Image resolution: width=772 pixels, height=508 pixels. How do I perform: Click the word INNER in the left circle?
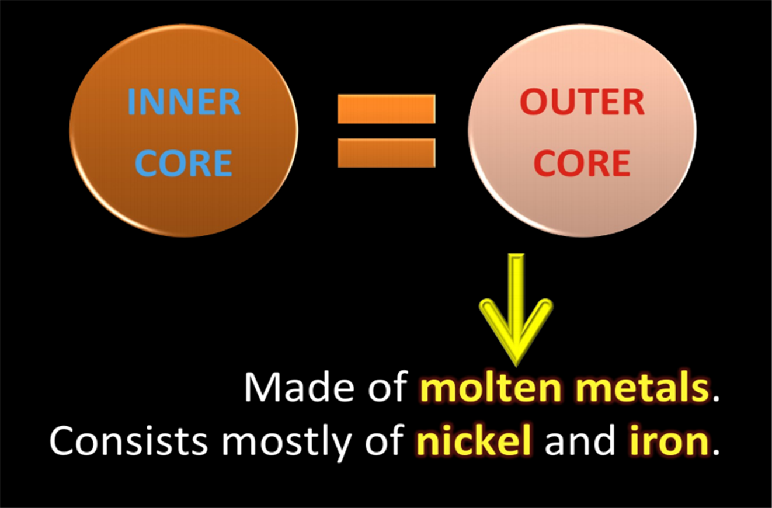(x=183, y=102)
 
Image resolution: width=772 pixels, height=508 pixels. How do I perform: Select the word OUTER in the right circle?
(x=582, y=103)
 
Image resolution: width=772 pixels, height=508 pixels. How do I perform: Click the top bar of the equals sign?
(x=386, y=109)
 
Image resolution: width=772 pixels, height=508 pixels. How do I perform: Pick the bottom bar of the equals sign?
(x=386, y=153)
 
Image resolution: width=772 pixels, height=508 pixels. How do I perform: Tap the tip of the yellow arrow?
(x=516, y=357)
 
